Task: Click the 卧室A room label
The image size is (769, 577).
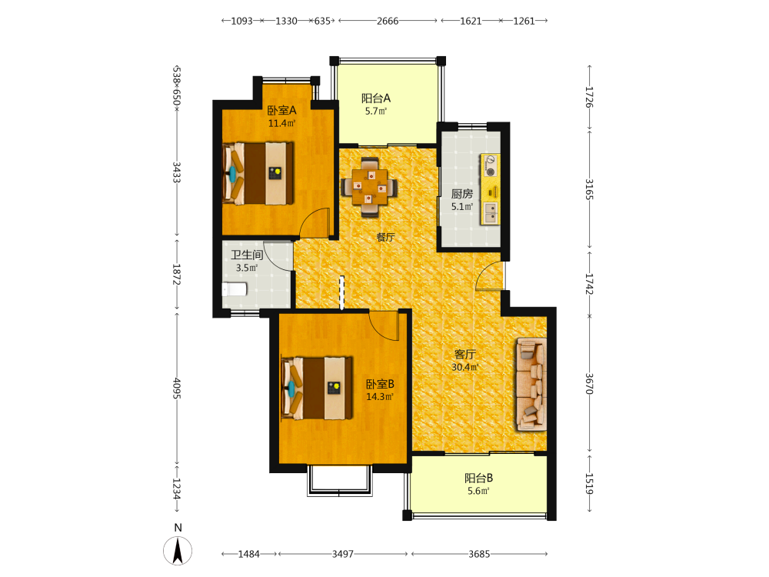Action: tap(281, 110)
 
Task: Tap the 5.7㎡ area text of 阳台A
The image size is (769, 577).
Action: tap(376, 112)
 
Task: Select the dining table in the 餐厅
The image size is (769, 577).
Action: tap(369, 187)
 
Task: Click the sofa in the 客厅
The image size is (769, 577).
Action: tap(531, 384)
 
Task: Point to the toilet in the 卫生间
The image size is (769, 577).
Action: tap(234, 289)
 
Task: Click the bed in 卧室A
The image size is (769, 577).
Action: tap(258, 173)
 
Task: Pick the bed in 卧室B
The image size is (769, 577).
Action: tap(317, 388)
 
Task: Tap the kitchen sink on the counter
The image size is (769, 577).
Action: tap(490, 212)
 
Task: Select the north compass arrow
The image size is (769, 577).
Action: tap(178, 551)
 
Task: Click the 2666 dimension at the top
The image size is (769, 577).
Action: tap(388, 21)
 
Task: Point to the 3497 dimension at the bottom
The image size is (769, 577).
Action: tap(342, 554)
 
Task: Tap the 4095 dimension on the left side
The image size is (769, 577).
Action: tap(177, 388)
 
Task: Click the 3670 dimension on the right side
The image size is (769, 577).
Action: tap(590, 384)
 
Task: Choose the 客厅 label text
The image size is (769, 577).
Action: tap(465, 354)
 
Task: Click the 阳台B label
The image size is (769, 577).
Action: tap(478, 478)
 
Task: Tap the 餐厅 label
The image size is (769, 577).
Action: tap(385, 237)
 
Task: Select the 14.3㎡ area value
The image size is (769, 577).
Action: tap(380, 397)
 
